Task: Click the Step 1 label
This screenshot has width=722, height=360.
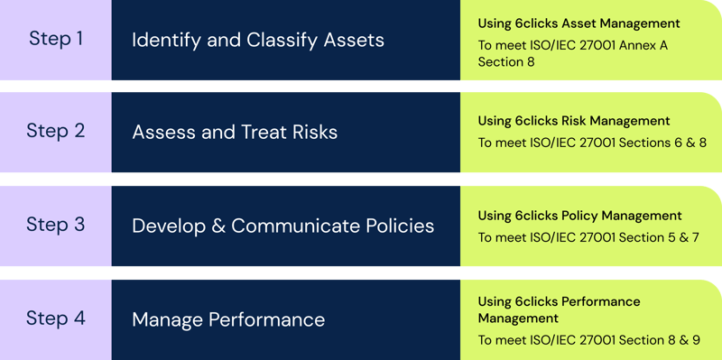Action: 56,39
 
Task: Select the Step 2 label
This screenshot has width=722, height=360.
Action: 56,131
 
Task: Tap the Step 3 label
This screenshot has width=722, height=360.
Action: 56,224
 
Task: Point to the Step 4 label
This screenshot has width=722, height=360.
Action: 56,318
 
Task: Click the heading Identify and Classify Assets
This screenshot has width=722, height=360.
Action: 258,40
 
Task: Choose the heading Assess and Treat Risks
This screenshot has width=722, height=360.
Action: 235,132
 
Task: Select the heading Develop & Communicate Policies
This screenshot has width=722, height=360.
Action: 283,225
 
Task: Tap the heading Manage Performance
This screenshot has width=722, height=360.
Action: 228,319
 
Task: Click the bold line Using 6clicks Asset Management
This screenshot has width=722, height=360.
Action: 579,23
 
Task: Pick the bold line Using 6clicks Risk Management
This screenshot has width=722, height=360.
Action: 573,121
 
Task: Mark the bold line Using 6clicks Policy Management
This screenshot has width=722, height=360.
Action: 579,216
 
